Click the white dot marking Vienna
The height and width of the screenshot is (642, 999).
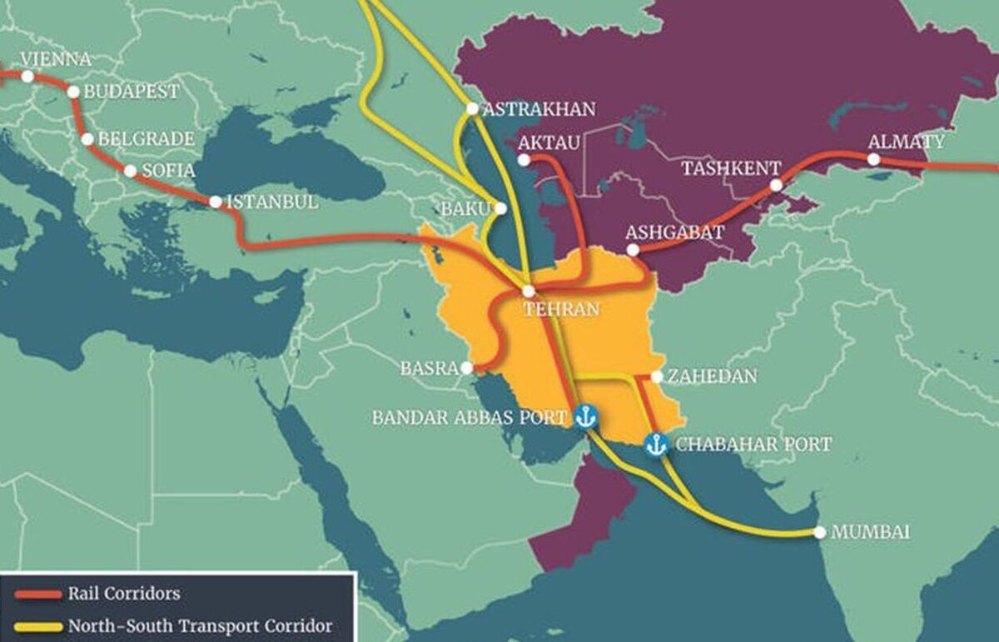27,77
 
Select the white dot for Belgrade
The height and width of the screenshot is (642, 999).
88,139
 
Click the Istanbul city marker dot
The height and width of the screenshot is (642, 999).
216,202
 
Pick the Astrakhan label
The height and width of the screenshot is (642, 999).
539,109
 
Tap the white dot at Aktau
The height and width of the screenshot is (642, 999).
524,160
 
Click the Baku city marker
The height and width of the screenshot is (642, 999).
500,209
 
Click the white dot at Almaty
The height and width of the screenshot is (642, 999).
873,159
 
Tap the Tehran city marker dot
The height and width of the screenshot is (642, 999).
528,291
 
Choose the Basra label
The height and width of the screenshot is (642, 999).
430,367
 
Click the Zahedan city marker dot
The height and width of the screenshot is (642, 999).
657,377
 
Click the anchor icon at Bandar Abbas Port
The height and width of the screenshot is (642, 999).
586,416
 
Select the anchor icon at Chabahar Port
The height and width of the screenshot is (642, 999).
656,445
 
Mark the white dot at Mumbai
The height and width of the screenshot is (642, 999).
820,532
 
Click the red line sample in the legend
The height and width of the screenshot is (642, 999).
38,595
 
